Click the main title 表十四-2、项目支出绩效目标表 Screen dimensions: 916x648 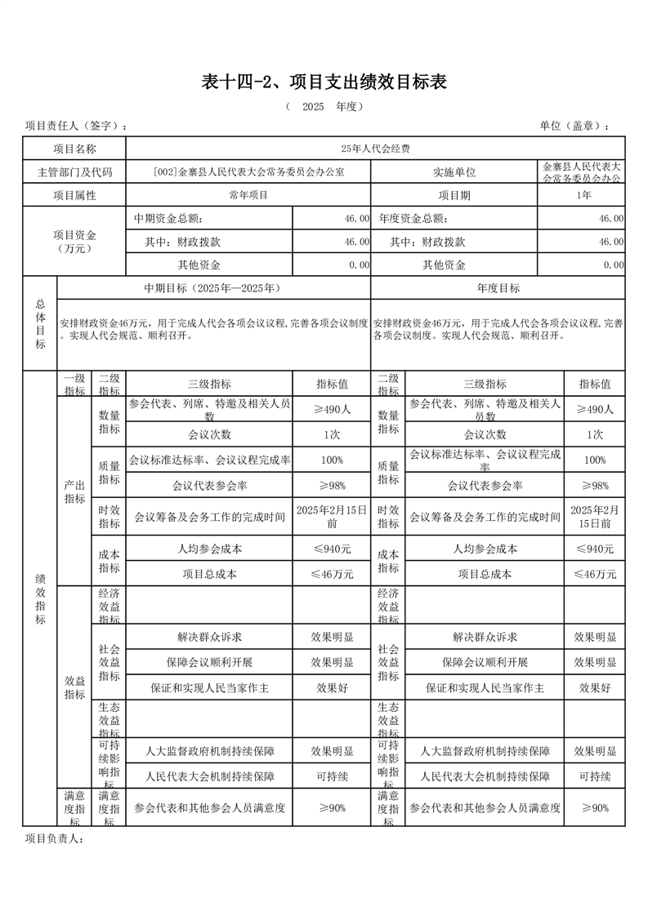324,82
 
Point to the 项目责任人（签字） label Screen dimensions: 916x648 76,126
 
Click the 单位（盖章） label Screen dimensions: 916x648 574,126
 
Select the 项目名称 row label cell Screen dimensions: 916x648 74,149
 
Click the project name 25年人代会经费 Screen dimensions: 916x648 376,149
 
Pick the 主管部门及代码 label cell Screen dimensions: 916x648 74,172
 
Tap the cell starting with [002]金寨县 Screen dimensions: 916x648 248,172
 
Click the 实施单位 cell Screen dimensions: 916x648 454,172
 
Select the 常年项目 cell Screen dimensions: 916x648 248,195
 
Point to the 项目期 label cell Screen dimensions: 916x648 454,195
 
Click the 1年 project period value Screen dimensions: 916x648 583,195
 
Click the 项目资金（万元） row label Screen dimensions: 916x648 74,242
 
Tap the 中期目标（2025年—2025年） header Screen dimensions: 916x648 213,288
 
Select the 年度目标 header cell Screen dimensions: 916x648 498,288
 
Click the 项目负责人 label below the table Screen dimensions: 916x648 55,838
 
